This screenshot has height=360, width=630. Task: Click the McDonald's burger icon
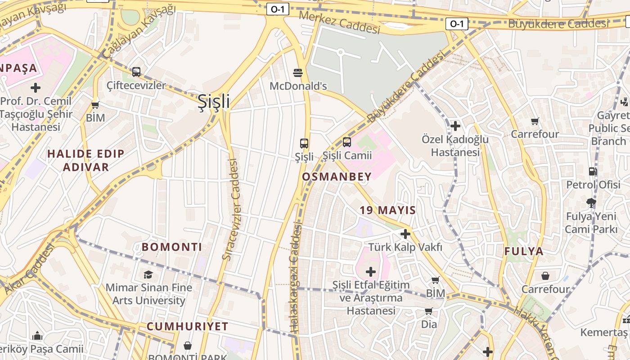(297, 72)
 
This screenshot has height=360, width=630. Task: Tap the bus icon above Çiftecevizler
(136, 72)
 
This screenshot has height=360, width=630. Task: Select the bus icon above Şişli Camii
(346, 142)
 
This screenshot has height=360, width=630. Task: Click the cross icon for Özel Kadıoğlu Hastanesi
(455, 126)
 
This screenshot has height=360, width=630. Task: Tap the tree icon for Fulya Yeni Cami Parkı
(591, 203)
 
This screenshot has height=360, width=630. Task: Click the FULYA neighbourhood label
(524, 252)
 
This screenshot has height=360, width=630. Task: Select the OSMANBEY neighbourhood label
(337, 177)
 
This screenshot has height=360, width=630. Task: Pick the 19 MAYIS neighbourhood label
(387, 210)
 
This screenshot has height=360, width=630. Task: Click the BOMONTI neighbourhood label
(172, 247)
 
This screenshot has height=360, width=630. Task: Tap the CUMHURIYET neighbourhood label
(187, 327)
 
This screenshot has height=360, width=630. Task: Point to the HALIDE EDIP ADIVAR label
(85, 160)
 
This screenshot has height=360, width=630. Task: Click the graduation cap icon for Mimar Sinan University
(148, 274)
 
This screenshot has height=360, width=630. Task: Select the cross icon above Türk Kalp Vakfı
(405, 234)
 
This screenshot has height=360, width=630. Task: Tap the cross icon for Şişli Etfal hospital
(370, 272)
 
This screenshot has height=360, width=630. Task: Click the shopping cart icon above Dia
(428, 311)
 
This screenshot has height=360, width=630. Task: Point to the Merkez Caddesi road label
(339, 22)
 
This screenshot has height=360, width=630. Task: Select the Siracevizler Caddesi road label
(233, 210)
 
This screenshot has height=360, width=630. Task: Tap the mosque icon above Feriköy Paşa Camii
(37, 336)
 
